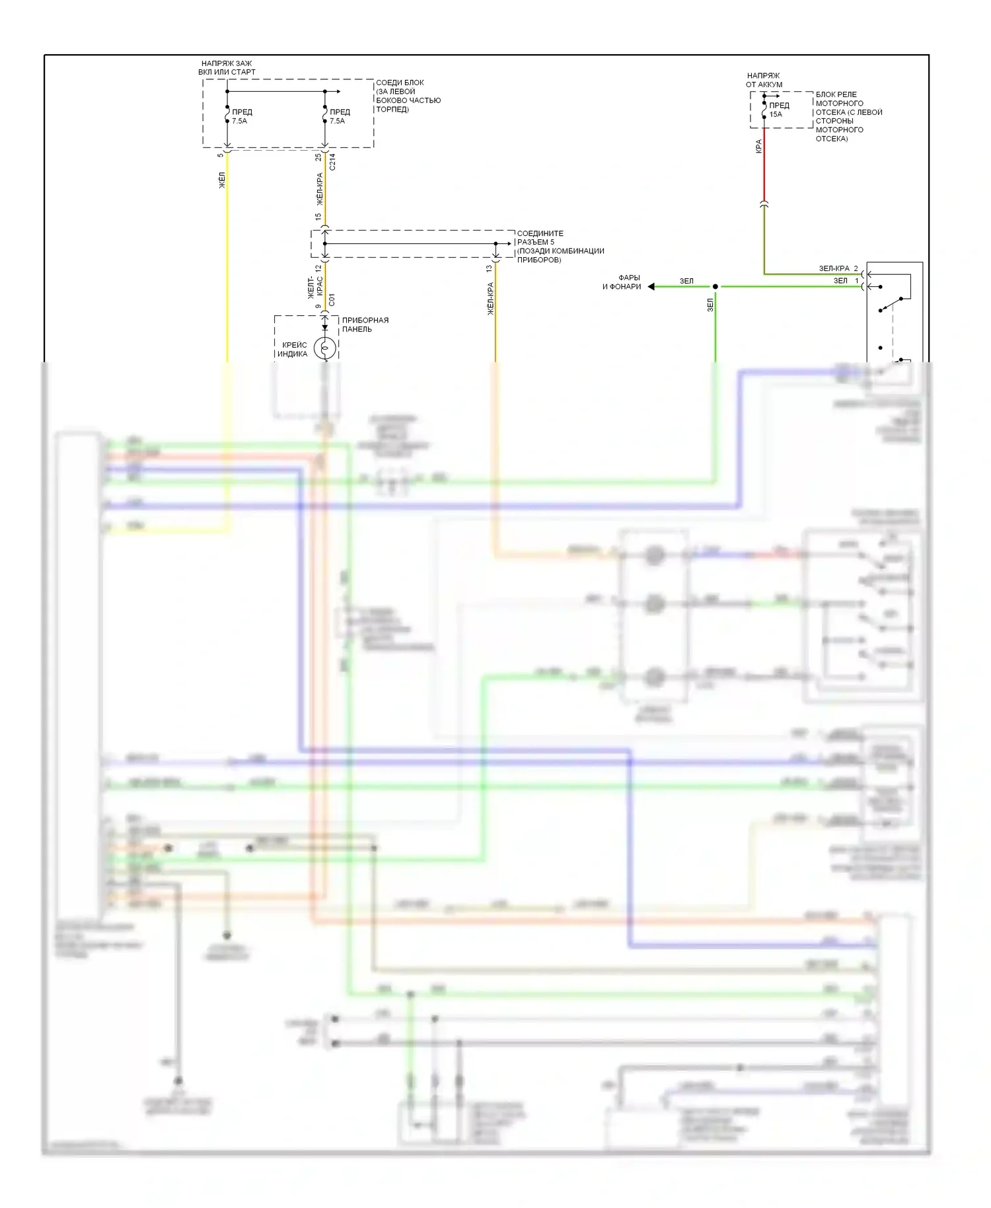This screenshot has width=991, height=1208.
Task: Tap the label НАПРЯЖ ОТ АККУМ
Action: pyautogui.click(x=764, y=80)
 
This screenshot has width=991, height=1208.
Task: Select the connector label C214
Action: pyautogui.click(x=332, y=162)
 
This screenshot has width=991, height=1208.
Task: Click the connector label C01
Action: pyautogui.click(x=332, y=300)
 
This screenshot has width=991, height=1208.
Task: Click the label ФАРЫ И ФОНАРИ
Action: pyautogui.click(x=622, y=282)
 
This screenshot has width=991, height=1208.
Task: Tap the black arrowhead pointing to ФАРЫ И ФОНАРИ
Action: pyautogui.click(x=651, y=286)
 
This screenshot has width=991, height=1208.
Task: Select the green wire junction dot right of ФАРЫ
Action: pyautogui.click(x=715, y=286)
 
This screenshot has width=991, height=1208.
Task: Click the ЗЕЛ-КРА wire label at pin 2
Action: pyautogui.click(x=834, y=268)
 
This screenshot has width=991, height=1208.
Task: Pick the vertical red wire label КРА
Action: pyautogui.click(x=758, y=147)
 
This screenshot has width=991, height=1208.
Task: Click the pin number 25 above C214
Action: pyautogui.click(x=318, y=157)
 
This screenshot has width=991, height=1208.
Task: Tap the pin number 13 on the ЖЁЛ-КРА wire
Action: pyautogui.click(x=489, y=268)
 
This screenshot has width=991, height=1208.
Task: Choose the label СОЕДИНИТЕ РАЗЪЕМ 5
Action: pyautogui.click(x=560, y=246)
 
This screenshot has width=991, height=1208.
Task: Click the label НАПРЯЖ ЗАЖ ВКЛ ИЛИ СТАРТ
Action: pyautogui.click(x=227, y=68)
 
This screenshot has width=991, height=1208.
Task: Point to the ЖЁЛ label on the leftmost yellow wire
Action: pyautogui.click(x=222, y=180)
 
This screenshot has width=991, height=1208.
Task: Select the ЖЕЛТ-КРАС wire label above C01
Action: pyautogui.click(x=315, y=287)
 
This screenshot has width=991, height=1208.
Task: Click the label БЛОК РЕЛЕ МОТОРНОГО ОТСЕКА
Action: pyautogui.click(x=848, y=116)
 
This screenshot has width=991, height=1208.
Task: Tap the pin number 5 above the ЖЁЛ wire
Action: pyautogui.click(x=221, y=156)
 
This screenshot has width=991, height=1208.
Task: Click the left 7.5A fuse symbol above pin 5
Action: pyautogui.click(x=227, y=116)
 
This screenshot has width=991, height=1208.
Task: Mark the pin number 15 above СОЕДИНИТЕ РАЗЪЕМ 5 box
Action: pyautogui.click(x=318, y=217)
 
